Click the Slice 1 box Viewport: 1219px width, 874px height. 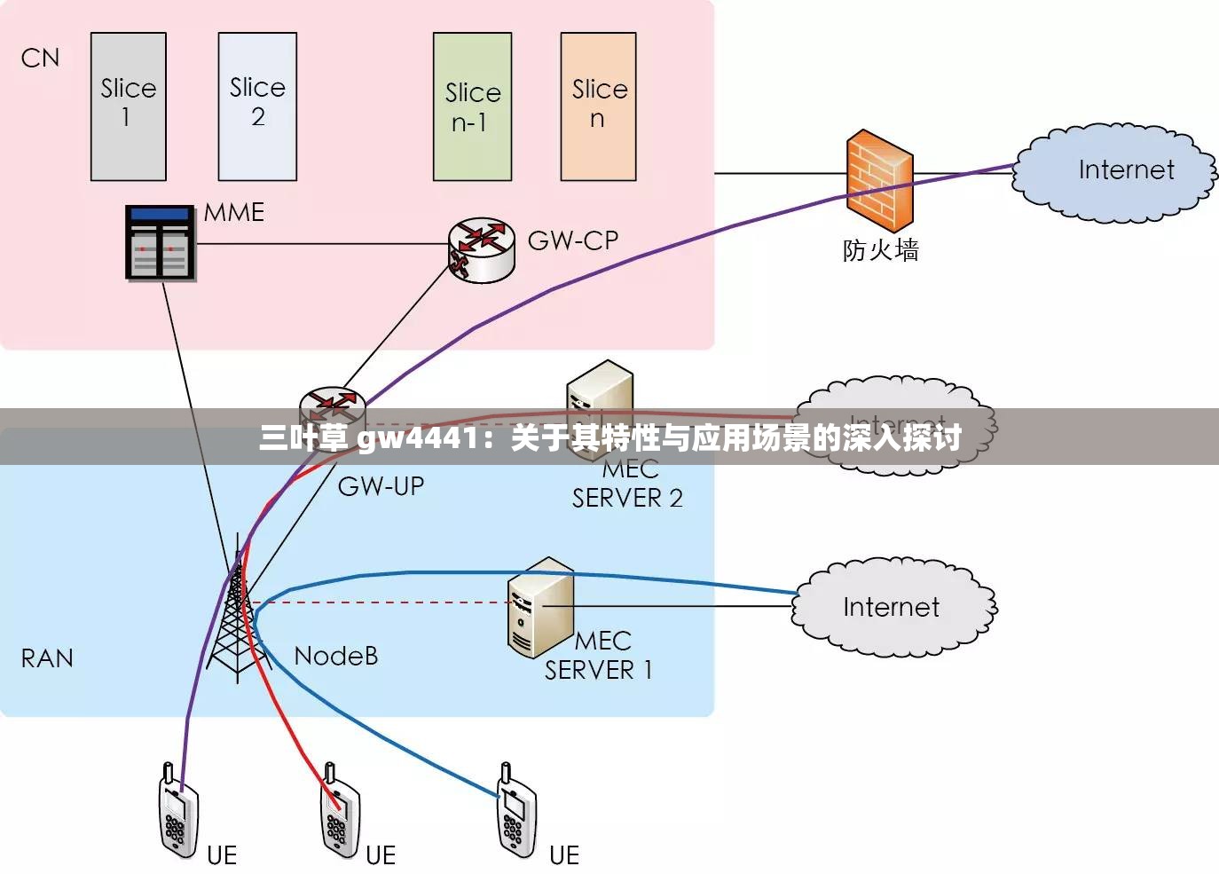[129, 106]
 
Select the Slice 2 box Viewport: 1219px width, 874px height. [257, 106]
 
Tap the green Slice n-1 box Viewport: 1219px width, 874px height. [472, 106]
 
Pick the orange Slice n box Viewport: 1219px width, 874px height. [598, 106]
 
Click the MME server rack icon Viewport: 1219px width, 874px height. [160, 242]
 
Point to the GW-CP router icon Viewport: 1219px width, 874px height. [481, 249]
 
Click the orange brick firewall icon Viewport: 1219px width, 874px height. [878, 181]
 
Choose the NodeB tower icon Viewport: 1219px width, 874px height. [237, 612]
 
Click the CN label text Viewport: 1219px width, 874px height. [40, 59]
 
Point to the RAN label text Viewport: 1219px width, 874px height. [47, 658]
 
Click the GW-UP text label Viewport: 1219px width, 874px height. [381, 486]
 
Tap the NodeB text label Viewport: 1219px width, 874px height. [335, 656]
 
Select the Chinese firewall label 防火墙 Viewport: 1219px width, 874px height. [880, 250]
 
